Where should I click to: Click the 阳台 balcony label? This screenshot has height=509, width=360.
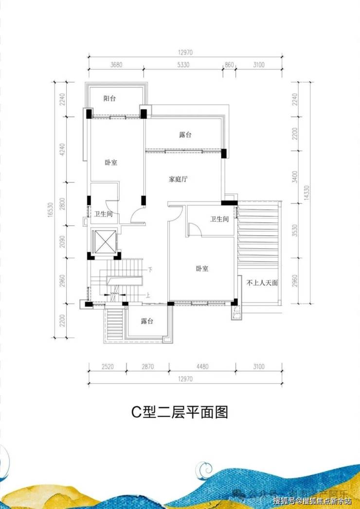109,98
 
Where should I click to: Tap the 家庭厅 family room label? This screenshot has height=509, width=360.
178,179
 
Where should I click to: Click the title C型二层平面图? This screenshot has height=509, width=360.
180,413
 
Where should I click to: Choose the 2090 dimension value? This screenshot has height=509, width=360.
61,239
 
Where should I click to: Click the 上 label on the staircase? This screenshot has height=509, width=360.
148,294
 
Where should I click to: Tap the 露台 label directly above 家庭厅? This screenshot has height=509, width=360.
185,134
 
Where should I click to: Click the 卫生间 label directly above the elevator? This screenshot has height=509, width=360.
104,214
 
